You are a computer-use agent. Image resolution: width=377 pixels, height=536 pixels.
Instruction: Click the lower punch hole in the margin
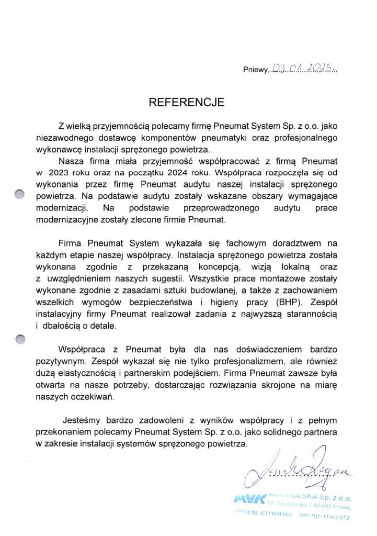click(20, 339)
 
